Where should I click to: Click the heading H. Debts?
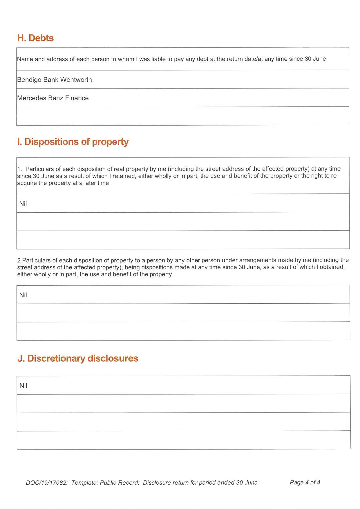coord(35,38)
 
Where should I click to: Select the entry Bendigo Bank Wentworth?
coord(55,80)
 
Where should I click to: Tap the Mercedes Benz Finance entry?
coord(53,98)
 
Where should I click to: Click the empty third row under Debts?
coord(182,116)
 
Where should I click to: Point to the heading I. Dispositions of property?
coord(73,142)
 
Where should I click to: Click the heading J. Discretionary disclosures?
coord(78,358)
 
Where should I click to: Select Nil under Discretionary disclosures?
coord(23,386)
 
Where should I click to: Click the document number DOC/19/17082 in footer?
coord(47,483)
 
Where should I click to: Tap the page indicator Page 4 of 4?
coord(305,482)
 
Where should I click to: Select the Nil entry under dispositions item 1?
coord(23,204)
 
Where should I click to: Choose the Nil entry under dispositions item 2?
coord(23,295)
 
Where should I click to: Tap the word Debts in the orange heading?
coord(41,38)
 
